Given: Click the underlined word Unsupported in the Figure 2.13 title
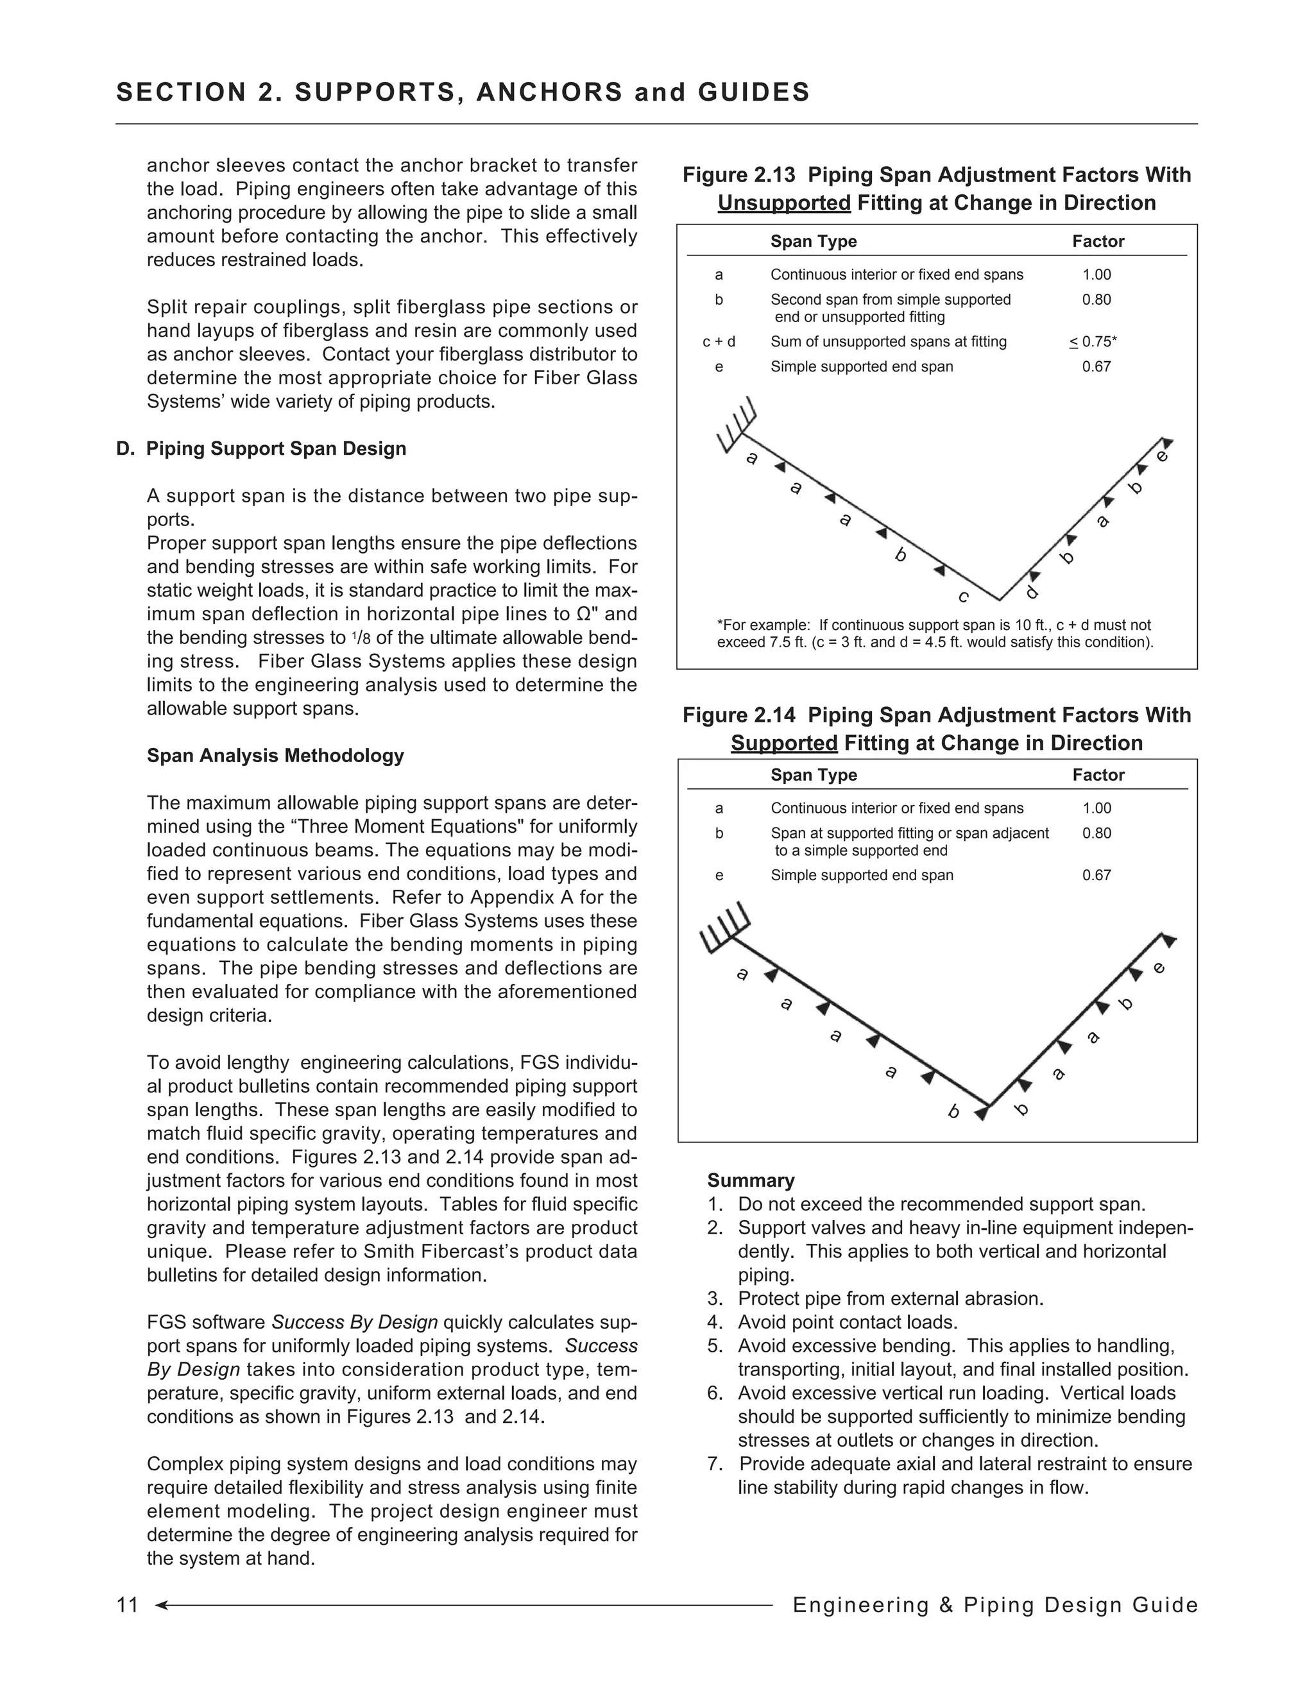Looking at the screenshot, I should tap(784, 203).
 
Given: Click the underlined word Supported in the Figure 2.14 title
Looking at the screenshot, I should tap(784, 744).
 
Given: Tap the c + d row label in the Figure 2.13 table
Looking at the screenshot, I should tap(719, 342).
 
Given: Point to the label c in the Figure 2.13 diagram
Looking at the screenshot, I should tap(964, 597).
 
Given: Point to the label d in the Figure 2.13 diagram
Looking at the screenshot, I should tap(1032, 592).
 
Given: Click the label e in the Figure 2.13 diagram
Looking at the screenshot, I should tap(1161, 456).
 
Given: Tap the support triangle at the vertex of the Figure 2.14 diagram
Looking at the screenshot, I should tap(982, 1114).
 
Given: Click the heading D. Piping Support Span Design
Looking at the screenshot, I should tap(262, 449).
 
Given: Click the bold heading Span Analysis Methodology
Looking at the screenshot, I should tap(275, 756).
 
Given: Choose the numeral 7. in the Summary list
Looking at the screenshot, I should tap(715, 1464).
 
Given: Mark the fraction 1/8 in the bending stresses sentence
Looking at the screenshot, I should tap(361, 638).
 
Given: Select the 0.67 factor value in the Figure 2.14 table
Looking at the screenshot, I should tap(1096, 875).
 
